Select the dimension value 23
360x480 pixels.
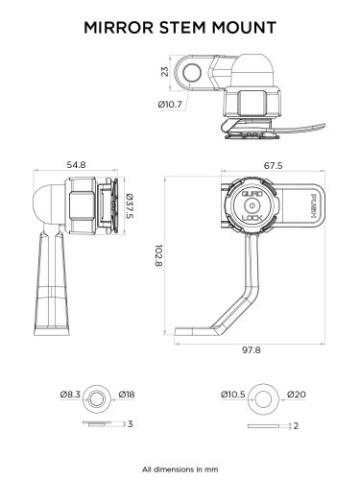164,71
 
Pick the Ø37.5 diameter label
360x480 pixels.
130,204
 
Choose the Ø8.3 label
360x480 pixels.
68,394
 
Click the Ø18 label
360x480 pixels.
126,394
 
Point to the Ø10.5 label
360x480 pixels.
234,394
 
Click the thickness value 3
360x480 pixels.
129,422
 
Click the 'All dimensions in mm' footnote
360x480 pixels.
180,469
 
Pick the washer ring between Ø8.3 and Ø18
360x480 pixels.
96,394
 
